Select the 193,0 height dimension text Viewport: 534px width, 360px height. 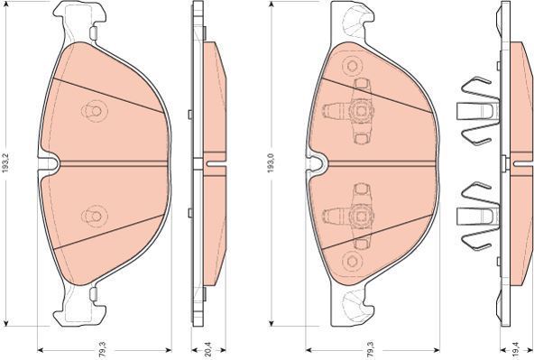(271, 162)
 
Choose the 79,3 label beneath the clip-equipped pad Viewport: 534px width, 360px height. (370, 349)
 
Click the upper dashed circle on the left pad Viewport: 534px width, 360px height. (95, 111)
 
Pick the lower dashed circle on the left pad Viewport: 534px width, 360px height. (95, 217)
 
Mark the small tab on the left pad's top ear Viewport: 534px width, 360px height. (93, 33)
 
